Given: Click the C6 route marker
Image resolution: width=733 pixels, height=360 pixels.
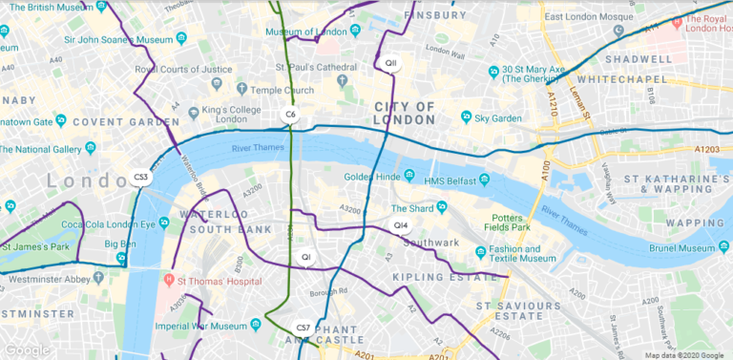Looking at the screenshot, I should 291,115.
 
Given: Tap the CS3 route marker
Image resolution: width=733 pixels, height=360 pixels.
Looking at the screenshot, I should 141,177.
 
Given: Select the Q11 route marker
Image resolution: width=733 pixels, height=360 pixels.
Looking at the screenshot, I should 390,63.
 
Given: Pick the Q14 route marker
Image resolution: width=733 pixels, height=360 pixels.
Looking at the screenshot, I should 401,225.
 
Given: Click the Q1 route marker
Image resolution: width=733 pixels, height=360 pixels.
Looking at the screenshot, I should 305,257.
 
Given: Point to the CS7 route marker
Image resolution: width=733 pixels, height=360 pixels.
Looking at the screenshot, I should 304,328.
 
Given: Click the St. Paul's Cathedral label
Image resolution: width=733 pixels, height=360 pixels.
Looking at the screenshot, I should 316,67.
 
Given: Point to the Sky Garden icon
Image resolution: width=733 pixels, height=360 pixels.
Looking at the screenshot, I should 466,117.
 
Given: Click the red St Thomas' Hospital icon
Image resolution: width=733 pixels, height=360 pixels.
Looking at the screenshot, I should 169,281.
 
